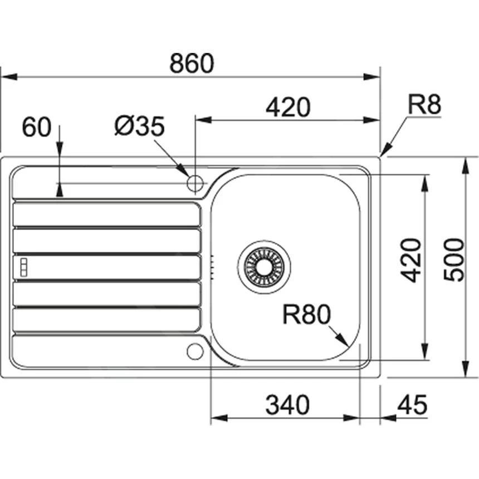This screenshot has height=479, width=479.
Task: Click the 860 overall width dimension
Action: click(x=192, y=63)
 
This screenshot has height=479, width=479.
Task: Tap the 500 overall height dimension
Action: click(x=456, y=260)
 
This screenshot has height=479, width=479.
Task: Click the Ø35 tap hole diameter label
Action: click(x=140, y=127)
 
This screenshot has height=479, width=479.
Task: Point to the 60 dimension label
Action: click(x=36, y=128)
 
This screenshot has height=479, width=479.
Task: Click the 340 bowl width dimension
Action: click(x=287, y=405)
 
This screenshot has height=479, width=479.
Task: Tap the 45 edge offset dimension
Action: click(x=412, y=405)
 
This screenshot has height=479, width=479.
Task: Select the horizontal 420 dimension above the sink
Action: click(x=287, y=107)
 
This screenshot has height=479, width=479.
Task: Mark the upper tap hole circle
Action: click(x=195, y=182)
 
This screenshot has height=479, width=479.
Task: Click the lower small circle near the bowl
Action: click(x=194, y=351)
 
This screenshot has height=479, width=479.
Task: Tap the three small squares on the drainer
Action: click(x=23, y=266)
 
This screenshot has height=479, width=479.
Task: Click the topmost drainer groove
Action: click(x=106, y=214)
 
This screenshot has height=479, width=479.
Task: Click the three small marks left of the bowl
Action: click(x=212, y=266)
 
